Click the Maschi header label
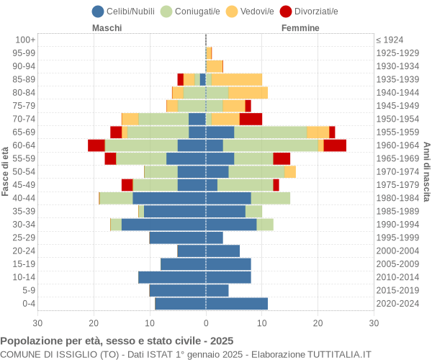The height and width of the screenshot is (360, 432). point(107,28)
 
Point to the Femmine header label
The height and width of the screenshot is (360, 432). point(300,28)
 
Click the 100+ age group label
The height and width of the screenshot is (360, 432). point(25,40)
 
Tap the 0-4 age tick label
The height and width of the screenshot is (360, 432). point(27,304)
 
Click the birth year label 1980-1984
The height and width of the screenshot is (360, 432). point(398,198)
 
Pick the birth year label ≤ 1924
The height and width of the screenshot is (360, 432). point(390,40)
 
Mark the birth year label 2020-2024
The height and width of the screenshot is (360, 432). point(398,304)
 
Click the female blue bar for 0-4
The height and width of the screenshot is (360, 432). point(237,304)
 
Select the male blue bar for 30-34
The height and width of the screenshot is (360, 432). point(163,225)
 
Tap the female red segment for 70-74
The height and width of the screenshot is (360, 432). point(251,119)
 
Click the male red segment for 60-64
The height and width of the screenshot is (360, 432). point(96,145)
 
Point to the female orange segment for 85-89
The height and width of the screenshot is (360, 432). point(237,79)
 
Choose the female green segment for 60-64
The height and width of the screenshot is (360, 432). point(270,145)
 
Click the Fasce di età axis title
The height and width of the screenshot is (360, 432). point(6,171)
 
